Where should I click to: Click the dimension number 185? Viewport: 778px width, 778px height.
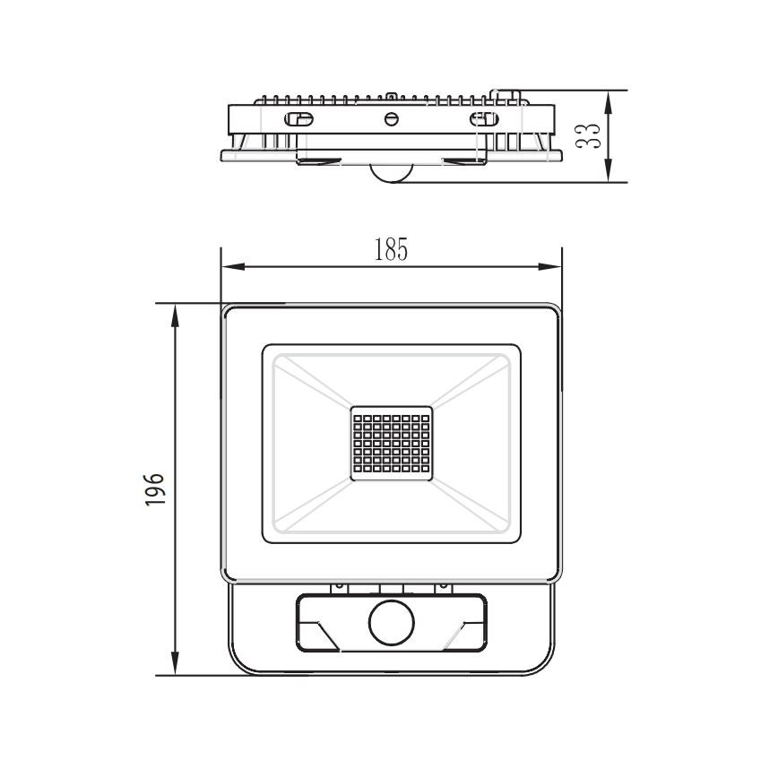pos(391,251)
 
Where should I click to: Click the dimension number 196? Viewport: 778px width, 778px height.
pos(155,489)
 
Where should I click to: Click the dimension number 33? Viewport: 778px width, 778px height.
pos(587,136)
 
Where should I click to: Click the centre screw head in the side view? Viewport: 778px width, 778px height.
pos(390,119)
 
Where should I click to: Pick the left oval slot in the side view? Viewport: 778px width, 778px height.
pos(298,119)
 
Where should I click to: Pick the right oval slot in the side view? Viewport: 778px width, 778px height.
pos(483,119)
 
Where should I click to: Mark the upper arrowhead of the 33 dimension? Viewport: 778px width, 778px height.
pos(609,99)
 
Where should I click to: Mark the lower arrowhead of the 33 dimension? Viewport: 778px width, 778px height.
pos(609,173)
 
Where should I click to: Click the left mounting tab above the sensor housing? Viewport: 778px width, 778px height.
pos(340,587)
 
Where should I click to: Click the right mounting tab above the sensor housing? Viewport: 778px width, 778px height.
pos(441,587)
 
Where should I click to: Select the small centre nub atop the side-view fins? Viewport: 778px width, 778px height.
pos(392,93)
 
